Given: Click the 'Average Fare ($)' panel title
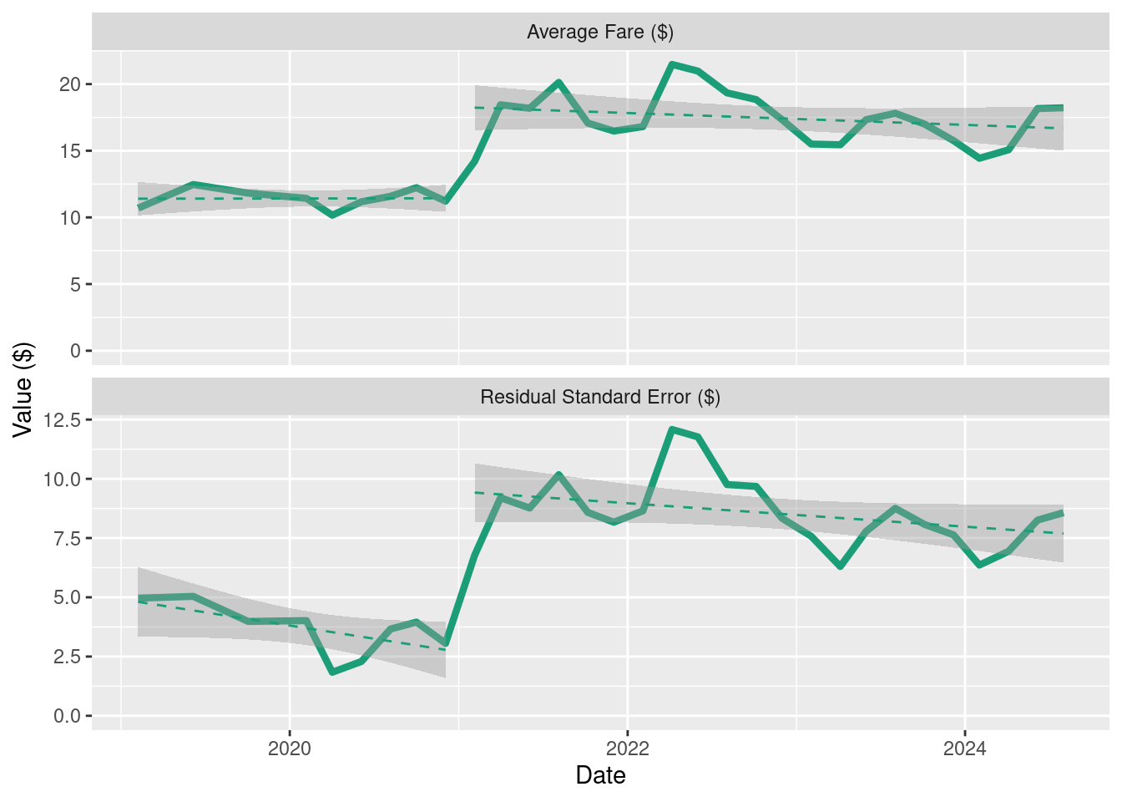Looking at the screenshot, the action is (x=600, y=32).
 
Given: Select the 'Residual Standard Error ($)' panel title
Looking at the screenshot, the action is (x=600, y=397).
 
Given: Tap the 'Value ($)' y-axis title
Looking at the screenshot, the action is (x=23, y=390).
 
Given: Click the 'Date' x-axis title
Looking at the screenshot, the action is (x=600, y=775).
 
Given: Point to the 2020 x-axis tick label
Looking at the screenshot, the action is (x=290, y=749).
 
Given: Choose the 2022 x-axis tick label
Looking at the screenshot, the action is (x=628, y=749).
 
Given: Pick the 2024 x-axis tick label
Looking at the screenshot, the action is (x=965, y=749).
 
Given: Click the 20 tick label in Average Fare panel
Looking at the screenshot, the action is (x=69, y=84).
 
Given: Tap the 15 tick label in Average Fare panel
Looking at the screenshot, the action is (x=69, y=151).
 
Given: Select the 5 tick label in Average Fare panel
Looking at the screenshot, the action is (x=75, y=285).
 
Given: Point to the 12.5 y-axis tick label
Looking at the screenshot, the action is (x=62, y=420).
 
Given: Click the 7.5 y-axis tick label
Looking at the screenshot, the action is (x=67, y=539).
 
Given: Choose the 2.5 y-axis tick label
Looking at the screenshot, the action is (x=67, y=657).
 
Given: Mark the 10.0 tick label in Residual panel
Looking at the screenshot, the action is (x=62, y=480).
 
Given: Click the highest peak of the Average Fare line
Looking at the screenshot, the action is (x=672, y=64).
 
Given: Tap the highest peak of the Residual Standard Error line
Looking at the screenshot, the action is (x=672, y=429).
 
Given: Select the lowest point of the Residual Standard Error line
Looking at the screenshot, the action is (x=332, y=672).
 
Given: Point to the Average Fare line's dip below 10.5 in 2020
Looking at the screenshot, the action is (x=332, y=215).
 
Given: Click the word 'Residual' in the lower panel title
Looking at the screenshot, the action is (x=518, y=397).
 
